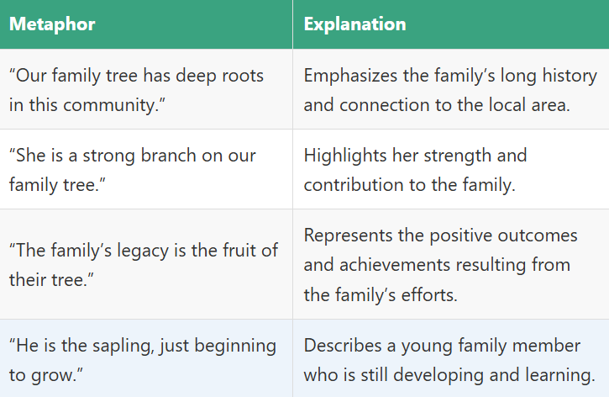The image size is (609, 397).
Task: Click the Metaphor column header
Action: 52,24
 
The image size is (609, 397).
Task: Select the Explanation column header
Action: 354,24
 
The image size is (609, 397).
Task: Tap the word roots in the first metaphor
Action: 239,76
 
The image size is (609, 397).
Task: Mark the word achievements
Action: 388,265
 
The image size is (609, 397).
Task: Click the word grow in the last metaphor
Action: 48,374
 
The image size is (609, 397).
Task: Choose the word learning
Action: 558,374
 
